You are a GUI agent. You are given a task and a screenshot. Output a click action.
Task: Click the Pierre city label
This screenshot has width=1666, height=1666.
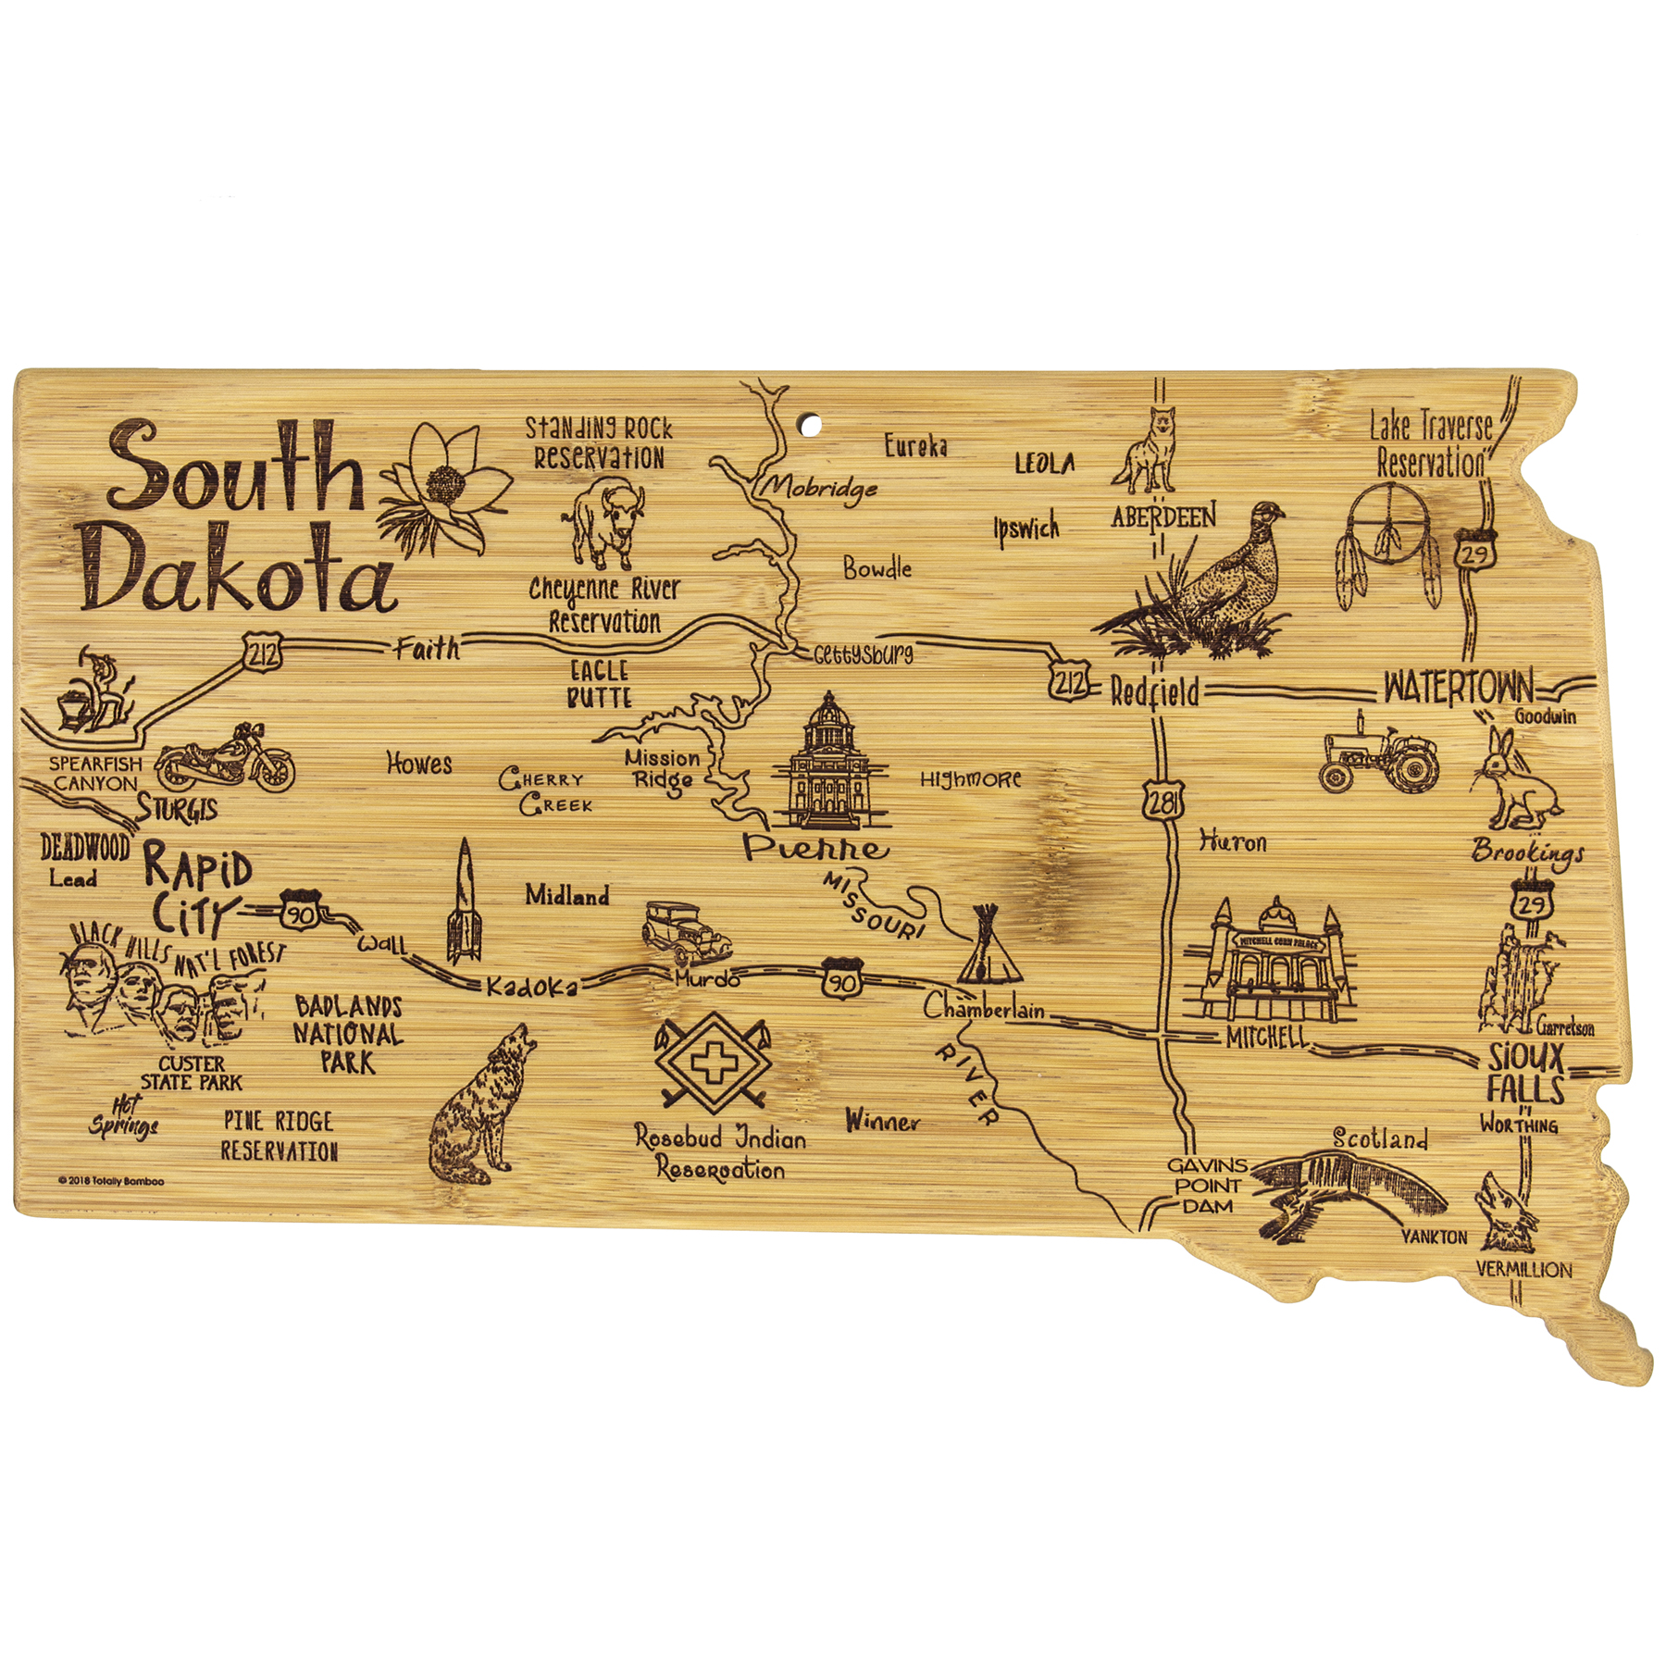[x=814, y=847]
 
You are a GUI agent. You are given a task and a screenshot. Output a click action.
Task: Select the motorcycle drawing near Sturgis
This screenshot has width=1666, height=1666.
[x=225, y=759]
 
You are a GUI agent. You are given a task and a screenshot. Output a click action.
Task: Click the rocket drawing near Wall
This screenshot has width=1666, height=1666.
[x=465, y=902]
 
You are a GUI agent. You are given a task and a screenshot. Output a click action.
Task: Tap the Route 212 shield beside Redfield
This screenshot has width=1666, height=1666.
[x=1070, y=683]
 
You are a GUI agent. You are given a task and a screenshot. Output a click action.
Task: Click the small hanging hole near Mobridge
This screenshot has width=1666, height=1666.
[x=810, y=425]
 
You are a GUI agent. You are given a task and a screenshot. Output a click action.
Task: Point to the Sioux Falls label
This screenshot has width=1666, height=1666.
[x=1525, y=1074]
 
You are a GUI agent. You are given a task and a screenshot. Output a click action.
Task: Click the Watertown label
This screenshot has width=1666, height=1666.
[x=1458, y=688]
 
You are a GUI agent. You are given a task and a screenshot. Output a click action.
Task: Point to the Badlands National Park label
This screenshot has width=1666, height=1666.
[x=349, y=1034]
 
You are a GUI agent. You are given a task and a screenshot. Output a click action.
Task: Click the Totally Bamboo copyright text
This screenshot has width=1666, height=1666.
[x=111, y=1181]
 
